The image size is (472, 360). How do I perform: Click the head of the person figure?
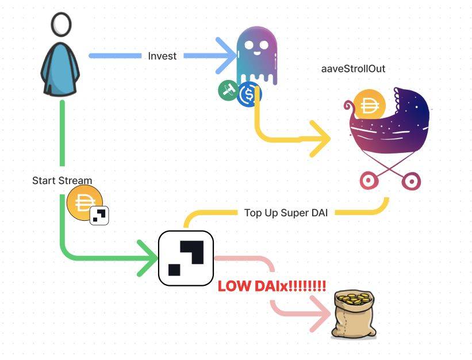tap(61, 25)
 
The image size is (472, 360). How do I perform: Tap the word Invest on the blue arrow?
tap(162, 56)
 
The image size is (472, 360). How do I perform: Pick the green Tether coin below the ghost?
tap(228, 91)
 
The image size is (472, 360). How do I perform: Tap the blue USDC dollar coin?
tap(249, 94)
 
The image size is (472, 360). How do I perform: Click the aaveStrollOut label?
tap(353, 69)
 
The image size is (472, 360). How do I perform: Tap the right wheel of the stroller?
tap(411, 182)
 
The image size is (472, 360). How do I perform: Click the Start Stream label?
tap(62, 181)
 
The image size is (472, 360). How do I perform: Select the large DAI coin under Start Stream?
tap(83, 203)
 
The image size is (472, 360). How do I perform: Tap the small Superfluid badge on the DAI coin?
tap(99, 216)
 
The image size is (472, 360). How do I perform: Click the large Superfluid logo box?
tap(186, 258)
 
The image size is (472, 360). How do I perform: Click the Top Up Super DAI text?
tap(286, 213)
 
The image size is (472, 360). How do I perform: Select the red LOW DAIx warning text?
tap(271, 286)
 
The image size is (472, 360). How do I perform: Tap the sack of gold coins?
tap(352, 314)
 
